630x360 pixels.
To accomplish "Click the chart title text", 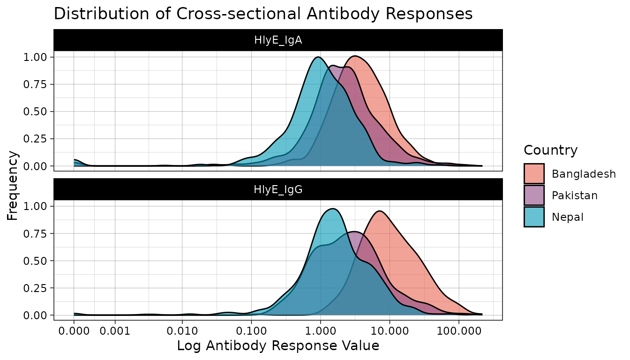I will (x=263, y=14).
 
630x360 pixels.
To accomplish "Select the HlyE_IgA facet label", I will (x=278, y=40).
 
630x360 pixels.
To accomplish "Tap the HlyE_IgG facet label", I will (x=278, y=189).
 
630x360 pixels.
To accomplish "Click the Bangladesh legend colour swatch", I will (x=534, y=174).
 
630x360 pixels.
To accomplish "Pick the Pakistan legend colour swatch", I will (x=534, y=195).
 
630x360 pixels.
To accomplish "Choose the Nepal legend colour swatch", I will (x=534, y=217).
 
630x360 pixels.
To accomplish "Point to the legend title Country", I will (x=550, y=150).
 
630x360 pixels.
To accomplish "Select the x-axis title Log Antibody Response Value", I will (x=278, y=346).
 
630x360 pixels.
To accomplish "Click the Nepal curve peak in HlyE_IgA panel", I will (x=318, y=57).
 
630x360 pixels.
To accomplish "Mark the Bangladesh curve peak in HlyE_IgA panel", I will (x=355, y=56).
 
